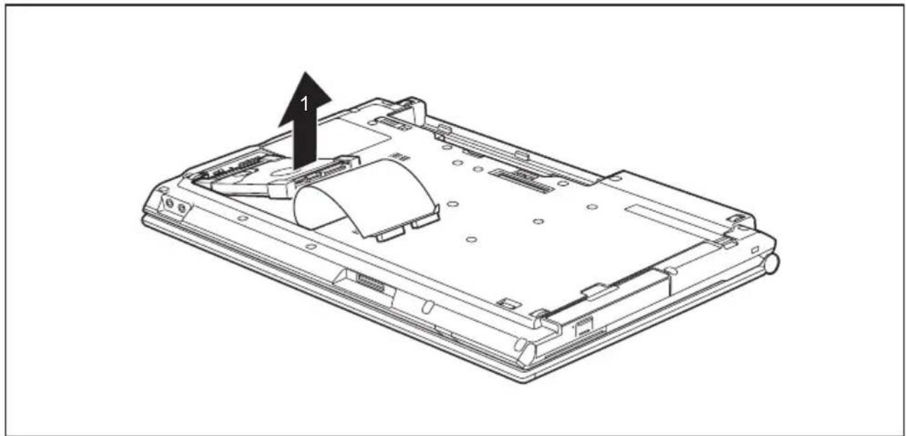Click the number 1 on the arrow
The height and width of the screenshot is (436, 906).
[x=305, y=105]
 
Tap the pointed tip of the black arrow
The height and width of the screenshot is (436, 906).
[x=306, y=72]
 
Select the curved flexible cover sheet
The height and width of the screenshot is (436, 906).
[x=366, y=198]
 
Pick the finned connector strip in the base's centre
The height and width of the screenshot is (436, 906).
[x=522, y=180]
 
